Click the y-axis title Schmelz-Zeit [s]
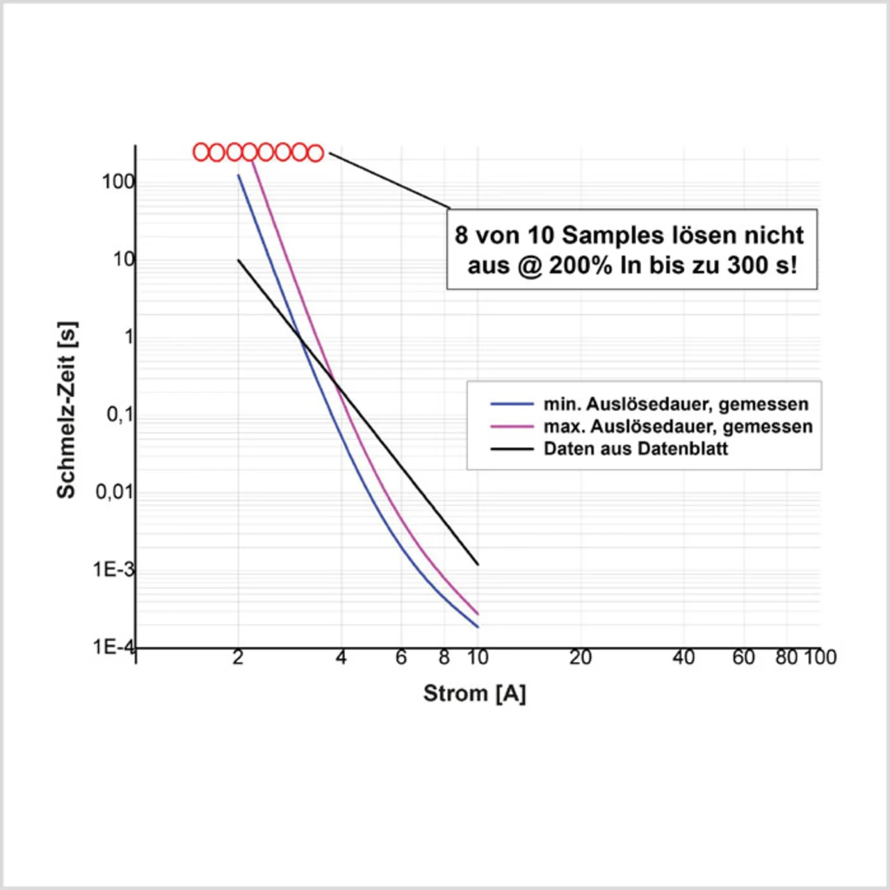[x=67, y=410]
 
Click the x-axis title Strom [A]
[x=474, y=693]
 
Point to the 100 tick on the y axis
[x=118, y=182]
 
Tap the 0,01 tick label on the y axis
[x=114, y=492]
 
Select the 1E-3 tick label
[x=113, y=569]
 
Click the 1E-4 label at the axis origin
[x=113, y=647]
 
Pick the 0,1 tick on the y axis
[x=120, y=415]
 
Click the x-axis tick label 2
[x=238, y=658]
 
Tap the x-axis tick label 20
[x=580, y=658]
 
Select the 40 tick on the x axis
[x=683, y=658]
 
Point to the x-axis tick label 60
[x=743, y=658]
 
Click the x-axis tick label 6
[x=401, y=658]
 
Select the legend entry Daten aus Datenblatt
[x=636, y=448]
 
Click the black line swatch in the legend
[x=512, y=448]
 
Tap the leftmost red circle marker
[x=201, y=152]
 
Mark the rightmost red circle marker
[x=316, y=153]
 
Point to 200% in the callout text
[x=580, y=265]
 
